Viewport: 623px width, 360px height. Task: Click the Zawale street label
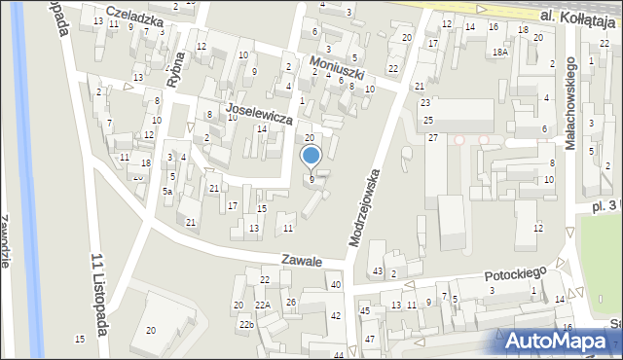302,261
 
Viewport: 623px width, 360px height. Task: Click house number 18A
499,53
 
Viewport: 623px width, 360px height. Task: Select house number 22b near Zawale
246,324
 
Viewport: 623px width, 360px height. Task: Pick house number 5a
167,192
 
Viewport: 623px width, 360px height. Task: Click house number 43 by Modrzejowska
377,270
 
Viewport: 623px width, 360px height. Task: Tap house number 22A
263,306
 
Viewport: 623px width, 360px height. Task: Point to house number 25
428,120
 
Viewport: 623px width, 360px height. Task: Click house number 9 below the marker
311,179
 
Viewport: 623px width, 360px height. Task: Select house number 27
432,138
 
